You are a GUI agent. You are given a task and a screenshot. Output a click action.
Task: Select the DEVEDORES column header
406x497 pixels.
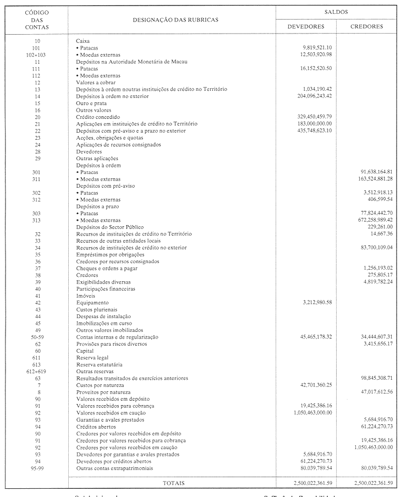tap(306, 26)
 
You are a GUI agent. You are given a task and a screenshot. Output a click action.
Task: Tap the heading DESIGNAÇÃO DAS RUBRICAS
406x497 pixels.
tap(175, 19)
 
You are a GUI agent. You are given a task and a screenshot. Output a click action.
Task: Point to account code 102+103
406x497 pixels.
tap(37, 54)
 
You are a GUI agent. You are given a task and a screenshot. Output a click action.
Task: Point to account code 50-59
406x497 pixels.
tap(37, 337)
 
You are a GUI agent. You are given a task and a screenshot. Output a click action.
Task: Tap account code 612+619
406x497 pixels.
tap(37, 372)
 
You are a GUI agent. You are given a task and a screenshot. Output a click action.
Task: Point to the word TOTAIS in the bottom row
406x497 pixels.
tap(174, 483)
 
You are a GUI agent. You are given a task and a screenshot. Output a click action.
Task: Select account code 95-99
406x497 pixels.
tap(37, 468)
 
